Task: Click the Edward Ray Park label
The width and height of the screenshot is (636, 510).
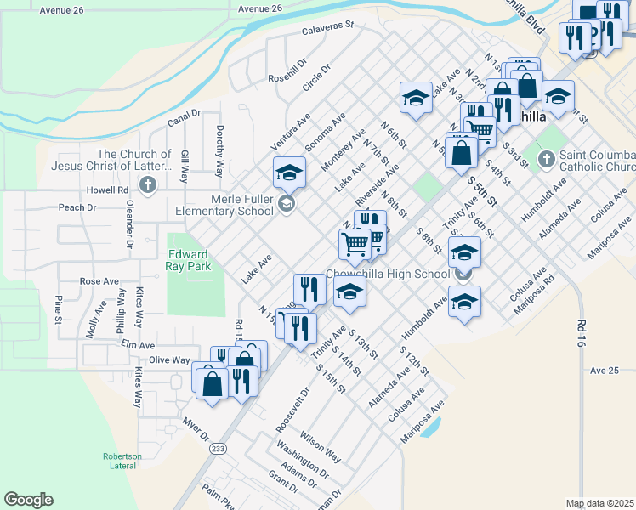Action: click(x=188, y=259)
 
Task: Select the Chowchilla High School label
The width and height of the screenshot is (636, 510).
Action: click(x=388, y=274)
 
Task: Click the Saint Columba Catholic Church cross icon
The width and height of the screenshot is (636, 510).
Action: click(x=546, y=157)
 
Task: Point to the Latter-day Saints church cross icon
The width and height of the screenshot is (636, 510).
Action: click(x=148, y=185)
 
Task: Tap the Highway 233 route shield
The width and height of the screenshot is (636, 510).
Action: click(x=219, y=448)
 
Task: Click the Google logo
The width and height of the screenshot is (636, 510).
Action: click(x=28, y=500)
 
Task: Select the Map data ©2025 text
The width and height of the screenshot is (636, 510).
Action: click(x=599, y=503)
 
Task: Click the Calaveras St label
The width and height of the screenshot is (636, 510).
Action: click(x=327, y=30)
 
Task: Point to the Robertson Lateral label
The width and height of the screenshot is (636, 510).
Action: click(x=122, y=461)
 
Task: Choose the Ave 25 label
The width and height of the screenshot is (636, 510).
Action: click(x=604, y=371)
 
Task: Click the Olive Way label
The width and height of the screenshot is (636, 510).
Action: click(x=169, y=360)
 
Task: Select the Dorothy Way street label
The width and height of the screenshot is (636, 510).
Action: click(x=219, y=151)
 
